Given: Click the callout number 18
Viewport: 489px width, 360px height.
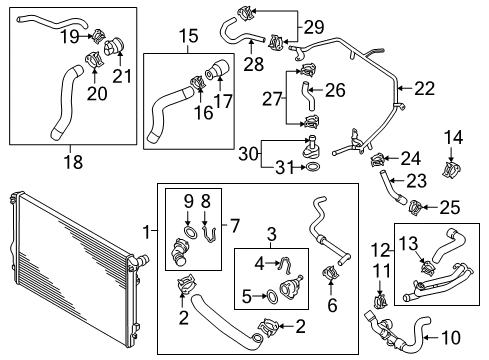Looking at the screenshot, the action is [73, 162].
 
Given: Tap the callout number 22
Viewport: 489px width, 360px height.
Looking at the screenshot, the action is [424, 89].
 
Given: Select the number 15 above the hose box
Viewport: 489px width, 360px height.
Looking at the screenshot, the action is [188, 36].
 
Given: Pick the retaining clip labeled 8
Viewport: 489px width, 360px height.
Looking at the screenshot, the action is [209, 234].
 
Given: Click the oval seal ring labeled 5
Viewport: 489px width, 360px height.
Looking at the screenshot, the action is [272, 297].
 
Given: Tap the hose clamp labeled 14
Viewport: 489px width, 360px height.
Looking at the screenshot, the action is [451, 170].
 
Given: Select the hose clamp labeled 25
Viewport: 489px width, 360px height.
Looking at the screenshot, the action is [415, 207].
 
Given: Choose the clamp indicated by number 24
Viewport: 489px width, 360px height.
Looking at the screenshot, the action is [378, 159].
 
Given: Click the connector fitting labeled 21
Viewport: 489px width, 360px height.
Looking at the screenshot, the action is [114, 46].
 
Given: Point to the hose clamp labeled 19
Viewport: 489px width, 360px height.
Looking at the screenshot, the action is [98, 36].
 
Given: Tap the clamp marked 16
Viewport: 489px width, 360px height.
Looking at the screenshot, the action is [197, 82].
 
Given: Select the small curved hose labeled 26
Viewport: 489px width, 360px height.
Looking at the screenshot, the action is [308, 96].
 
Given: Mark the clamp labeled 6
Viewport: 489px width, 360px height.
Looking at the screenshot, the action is [330, 273].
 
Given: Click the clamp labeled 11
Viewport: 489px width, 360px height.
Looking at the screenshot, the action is [380, 300].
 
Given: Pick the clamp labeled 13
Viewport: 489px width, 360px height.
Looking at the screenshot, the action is [428, 268].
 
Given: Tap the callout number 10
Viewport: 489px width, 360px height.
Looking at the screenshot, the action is [450, 338].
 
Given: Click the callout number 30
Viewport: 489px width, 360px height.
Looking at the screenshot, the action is [249, 154].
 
